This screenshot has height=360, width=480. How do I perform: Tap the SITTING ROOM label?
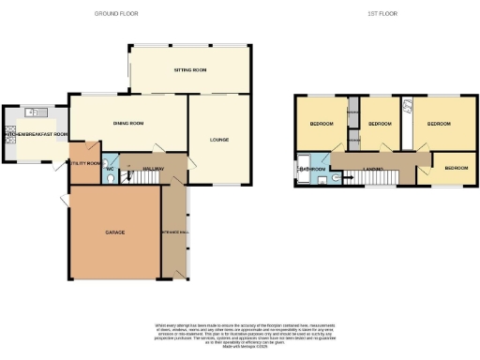(x=189, y=71)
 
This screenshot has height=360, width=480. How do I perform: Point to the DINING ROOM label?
(x=128, y=123)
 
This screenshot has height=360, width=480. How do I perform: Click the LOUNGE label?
(x=218, y=140)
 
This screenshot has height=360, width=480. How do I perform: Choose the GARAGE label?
(x=114, y=232)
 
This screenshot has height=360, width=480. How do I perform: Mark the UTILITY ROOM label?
(x=84, y=163)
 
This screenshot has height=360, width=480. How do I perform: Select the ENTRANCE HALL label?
(x=174, y=231)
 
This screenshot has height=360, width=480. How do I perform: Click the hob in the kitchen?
(x=8, y=130)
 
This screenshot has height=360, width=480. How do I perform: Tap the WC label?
(x=108, y=169)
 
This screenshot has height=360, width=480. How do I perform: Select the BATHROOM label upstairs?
(x=311, y=169)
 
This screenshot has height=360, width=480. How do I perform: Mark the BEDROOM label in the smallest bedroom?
(x=457, y=167)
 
